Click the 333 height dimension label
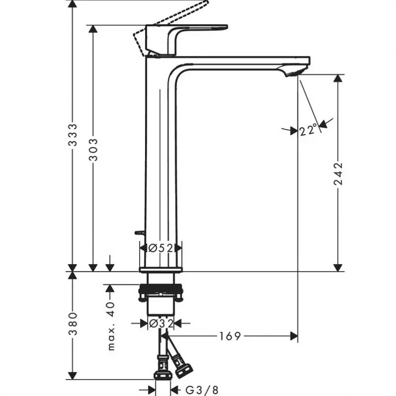[73, 135]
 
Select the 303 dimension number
[93, 149]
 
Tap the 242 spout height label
[338, 174]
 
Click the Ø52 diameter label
[161, 248]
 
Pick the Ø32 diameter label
[161, 323]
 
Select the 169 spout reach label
[230, 336]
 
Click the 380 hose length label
[73, 324]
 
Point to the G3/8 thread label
[201, 390]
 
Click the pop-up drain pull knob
[139, 233]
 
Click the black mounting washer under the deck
[160, 288]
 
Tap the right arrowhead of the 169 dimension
[294, 336]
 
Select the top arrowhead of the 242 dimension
[338, 79]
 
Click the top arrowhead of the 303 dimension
[93, 29]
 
